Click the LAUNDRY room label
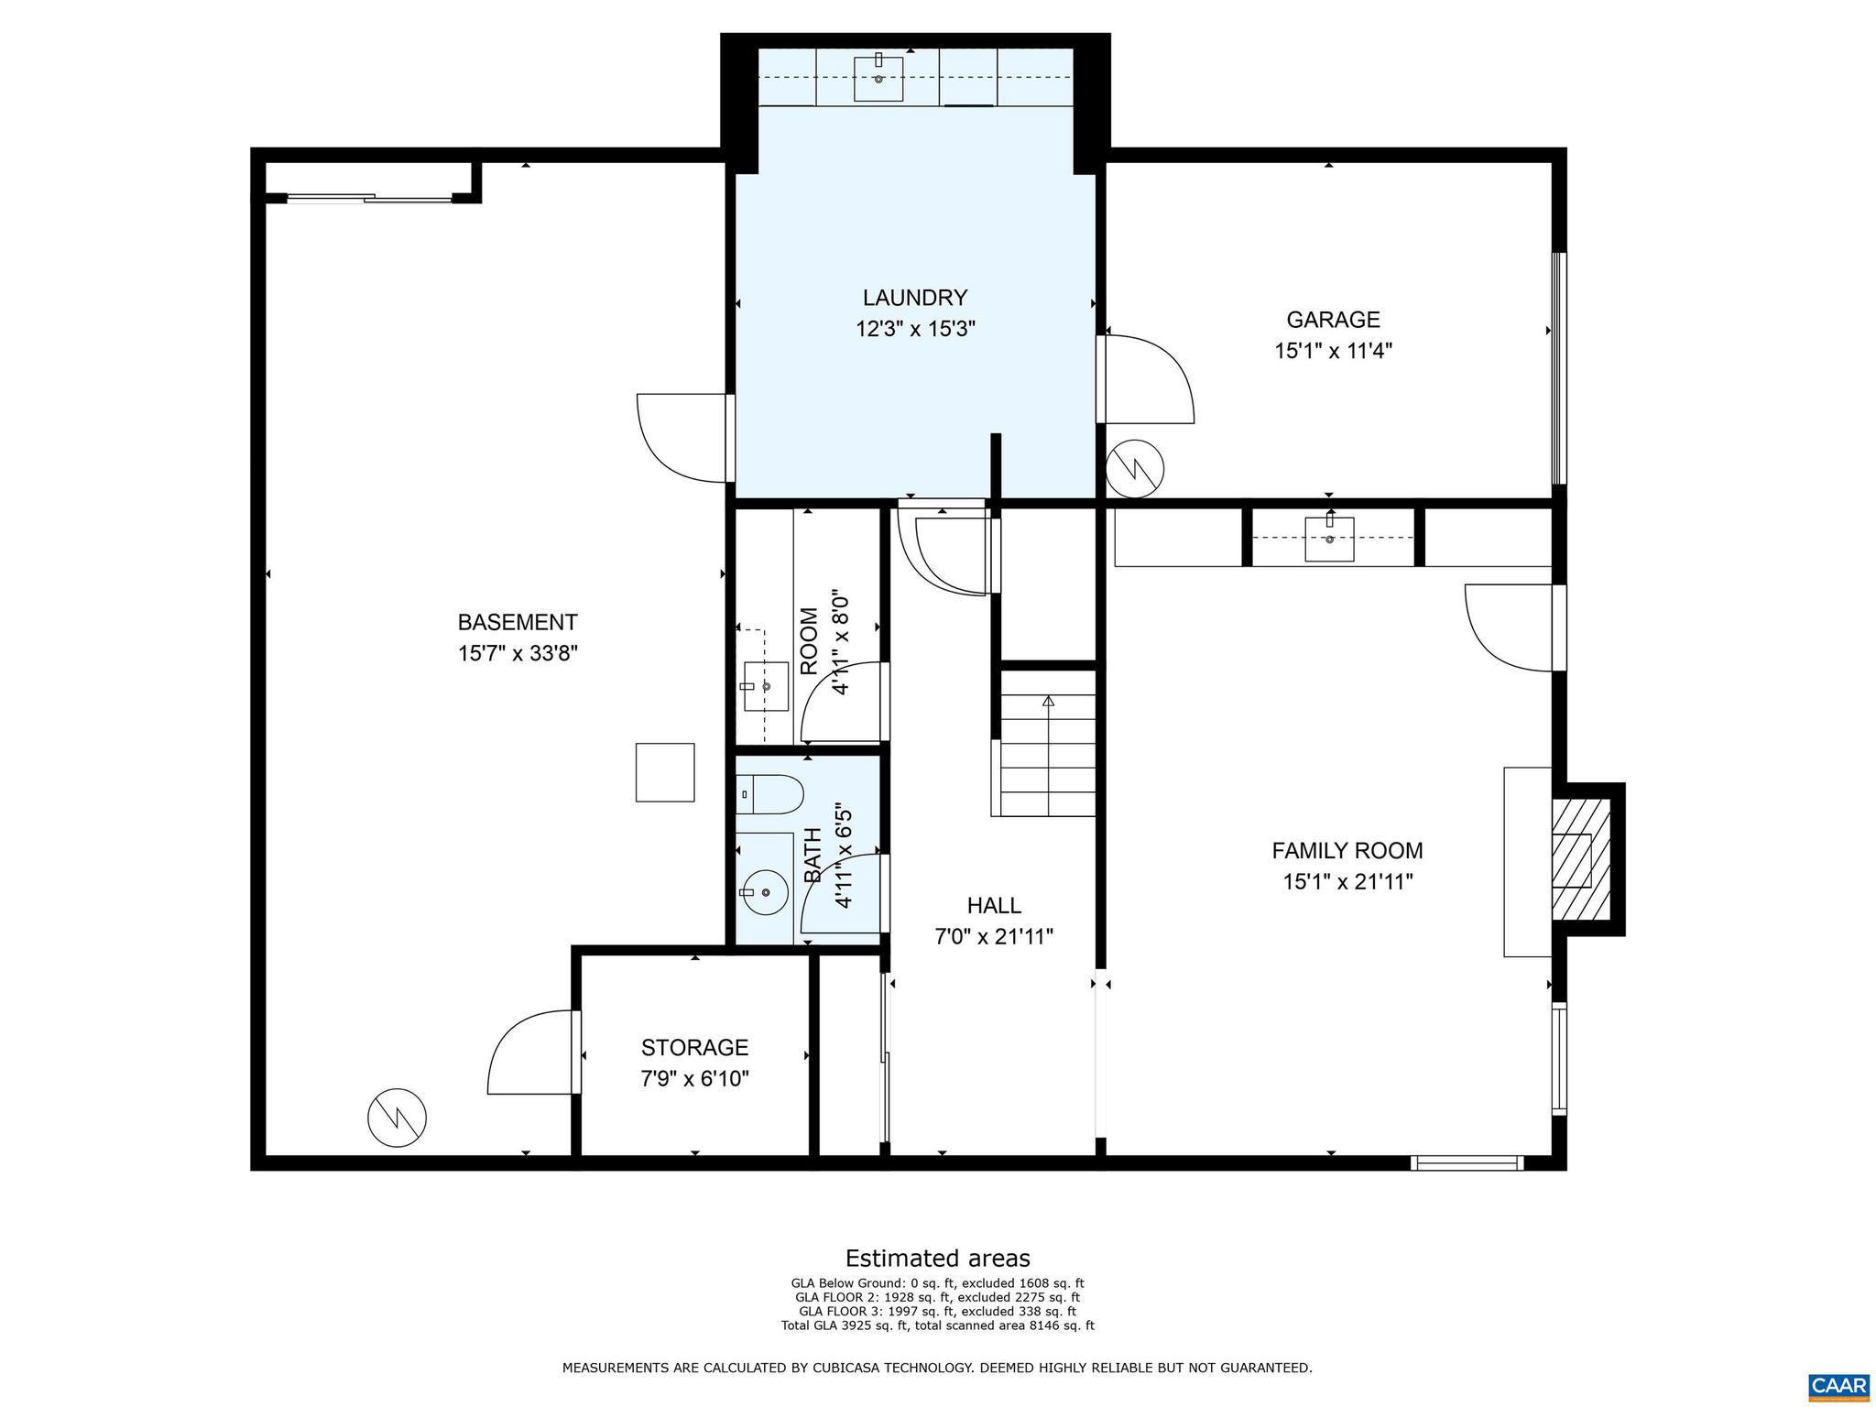tap(914, 298)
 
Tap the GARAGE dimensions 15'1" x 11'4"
tap(1333, 351)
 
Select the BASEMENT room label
tap(518, 622)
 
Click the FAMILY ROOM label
tap(1347, 850)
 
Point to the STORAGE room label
tap(694, 1047)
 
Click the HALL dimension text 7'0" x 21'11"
tap(994, 936)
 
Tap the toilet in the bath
tap(769, 794)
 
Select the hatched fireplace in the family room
tap(1579, 859)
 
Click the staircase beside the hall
tap(1047, 743)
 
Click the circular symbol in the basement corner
tap(397, 1117)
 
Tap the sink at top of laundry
tap(878, 78)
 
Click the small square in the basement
tap(665, 772)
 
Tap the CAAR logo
tap(1838, 1383)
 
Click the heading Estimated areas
tap(937, 1258)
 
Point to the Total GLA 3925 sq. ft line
tap(937, 1325)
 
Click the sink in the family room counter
tap(1328, 539)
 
